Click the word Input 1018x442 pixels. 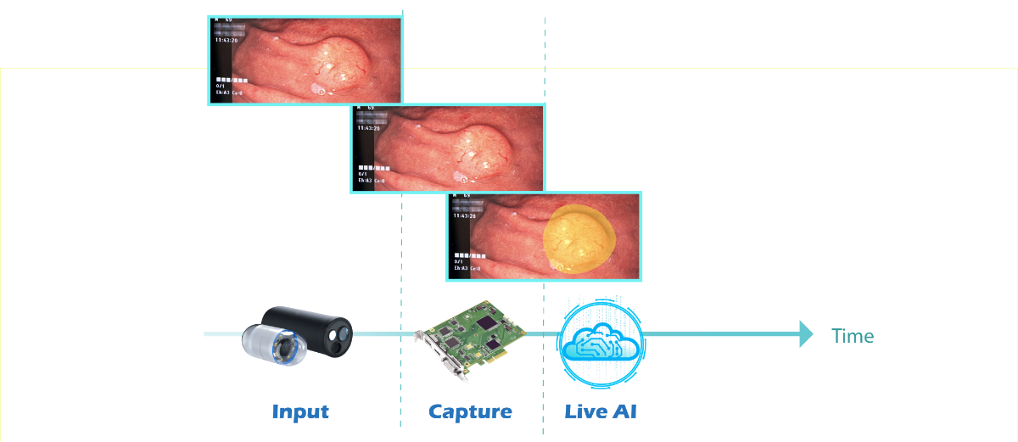point(300,412)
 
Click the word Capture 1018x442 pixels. point(470,412)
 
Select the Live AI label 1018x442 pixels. point(601,412)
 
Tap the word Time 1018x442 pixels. point(853,337)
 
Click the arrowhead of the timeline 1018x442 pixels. point(807,334)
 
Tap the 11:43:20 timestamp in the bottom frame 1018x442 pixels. point(465,216)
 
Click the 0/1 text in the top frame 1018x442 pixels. point(221,86)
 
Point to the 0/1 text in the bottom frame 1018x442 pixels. point(458,261)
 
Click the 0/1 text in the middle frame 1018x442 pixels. point(363,173)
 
